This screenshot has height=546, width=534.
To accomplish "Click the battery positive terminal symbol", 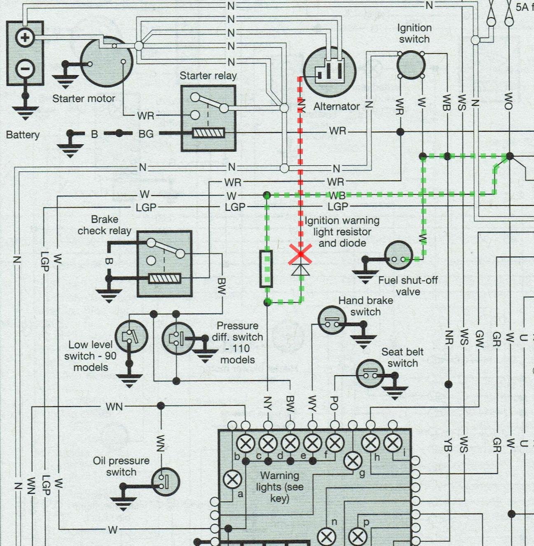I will (x=25, y=38).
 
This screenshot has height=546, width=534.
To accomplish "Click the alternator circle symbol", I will (x=330, y=70).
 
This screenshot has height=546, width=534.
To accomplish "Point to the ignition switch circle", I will (x=411, y=65).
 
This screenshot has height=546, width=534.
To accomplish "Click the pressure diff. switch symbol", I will (x=178, y=338).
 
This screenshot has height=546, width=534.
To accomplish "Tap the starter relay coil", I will (x=209, y=133).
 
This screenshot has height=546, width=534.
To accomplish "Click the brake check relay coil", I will (x=164, y=279).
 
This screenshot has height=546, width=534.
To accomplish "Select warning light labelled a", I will (x=232, y=480).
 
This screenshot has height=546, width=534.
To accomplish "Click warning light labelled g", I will (x=352, y=461).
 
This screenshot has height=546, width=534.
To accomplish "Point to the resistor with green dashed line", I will (x=267, y=268).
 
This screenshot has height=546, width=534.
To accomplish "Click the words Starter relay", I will (x=208, y=76).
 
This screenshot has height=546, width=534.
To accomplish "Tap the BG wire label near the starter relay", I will (x=146, y=134).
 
